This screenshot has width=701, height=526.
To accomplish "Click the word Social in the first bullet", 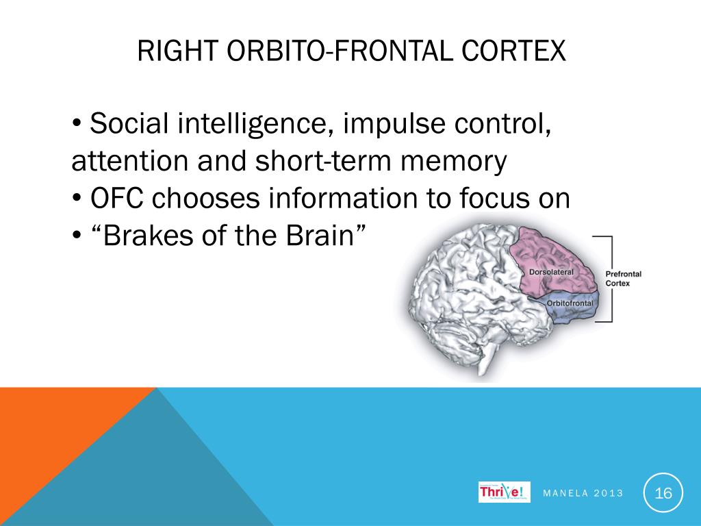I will [130, 124].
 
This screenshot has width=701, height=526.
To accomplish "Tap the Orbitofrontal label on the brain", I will [570, 302].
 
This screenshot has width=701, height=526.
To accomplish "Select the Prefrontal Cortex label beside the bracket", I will [623, 278].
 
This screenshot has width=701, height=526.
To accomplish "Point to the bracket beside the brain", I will [610, 278].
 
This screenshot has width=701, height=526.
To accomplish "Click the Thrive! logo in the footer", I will [504, 492].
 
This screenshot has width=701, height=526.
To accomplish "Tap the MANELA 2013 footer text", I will [583, 493].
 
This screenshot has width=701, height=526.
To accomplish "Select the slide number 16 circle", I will [663, 492].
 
